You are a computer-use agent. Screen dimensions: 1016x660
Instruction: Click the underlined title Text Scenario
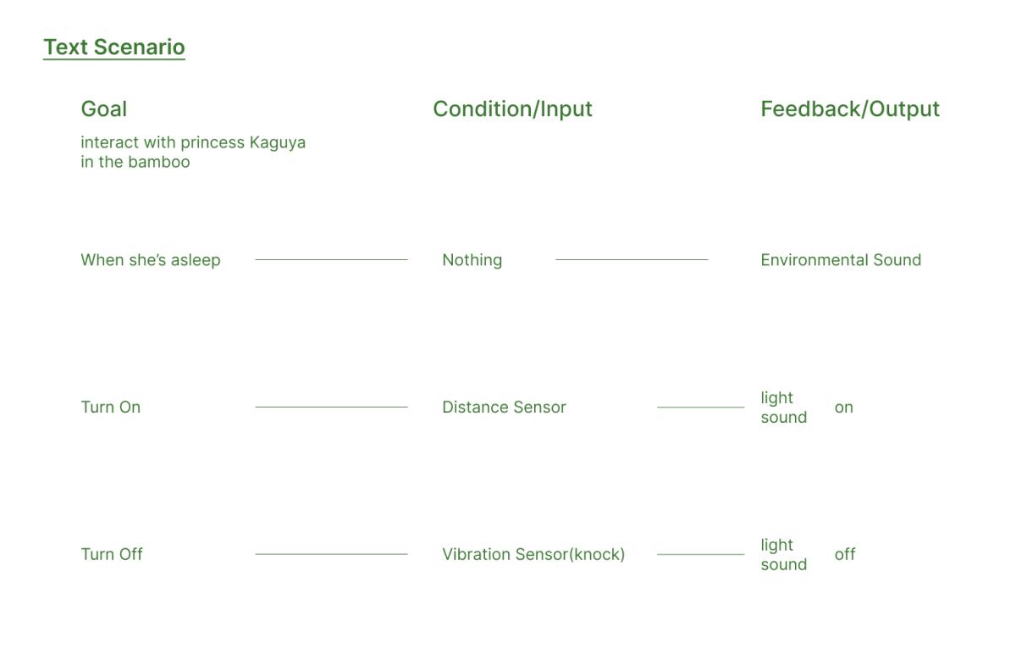click(x=114, y=47)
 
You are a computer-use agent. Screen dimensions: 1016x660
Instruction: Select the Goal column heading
click(x=104, y=109)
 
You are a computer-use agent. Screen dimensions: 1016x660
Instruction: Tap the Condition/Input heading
click(x=512, y=109)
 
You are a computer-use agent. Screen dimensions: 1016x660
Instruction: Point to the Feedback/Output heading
click(x=850, y=109)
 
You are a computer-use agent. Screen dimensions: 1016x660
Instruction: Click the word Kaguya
click(x=278, y=143)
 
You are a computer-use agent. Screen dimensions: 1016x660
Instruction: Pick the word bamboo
click(x=159, y=162)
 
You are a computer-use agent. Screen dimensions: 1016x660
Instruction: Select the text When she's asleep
click(x=151, y=260)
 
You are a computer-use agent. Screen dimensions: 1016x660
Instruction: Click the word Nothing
click(x=472, y=260)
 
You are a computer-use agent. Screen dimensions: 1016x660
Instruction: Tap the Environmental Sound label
click(x=841, y=260)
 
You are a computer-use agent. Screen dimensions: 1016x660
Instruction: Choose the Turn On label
click(x=111, y=408)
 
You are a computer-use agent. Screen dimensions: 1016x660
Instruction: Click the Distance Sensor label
click(x=504, y=408)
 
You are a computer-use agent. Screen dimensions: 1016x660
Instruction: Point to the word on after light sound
click(x=843, y=408)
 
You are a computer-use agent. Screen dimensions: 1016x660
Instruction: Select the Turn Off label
click(x=112, y=554)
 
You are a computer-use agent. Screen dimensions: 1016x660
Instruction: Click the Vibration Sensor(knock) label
click(x=533, y=555)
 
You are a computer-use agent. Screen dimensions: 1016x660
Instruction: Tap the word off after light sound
click(x=845, y=554)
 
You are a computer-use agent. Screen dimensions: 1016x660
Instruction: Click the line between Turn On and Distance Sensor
click(x=332, y=408)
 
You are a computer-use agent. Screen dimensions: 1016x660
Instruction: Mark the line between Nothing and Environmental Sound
click(x=632, y=259)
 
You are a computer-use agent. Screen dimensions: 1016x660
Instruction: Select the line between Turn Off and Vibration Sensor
click(x=332, y=554)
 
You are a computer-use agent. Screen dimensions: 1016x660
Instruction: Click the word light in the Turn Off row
click(x=776, y=545)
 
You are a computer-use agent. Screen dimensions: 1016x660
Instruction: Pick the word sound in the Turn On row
click(x=784, y=418)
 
